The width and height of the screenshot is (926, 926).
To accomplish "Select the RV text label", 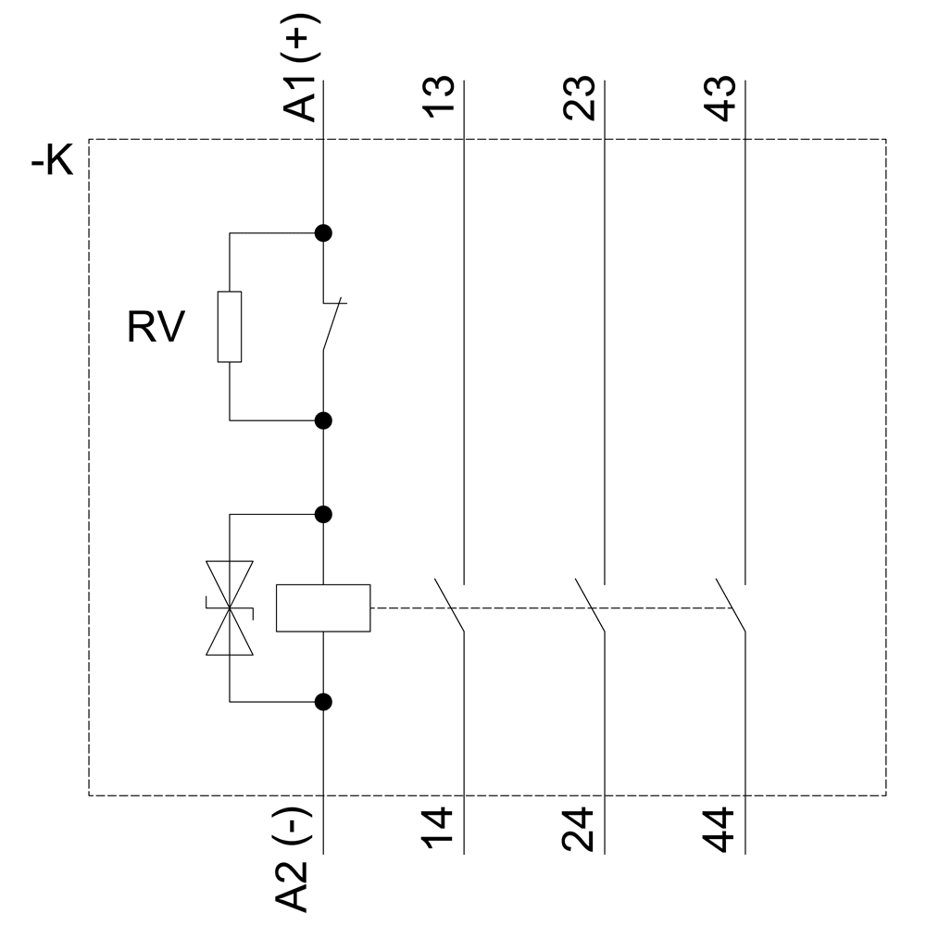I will (156, 328).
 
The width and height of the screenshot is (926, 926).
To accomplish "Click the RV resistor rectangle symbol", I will (229, 327).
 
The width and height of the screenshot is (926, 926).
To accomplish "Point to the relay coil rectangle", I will (323, 608).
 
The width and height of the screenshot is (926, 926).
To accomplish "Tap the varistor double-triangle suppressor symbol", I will (229, 608).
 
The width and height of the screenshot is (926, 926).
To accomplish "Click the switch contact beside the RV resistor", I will (332, 325).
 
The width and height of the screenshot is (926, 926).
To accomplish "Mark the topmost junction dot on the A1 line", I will (323, 233).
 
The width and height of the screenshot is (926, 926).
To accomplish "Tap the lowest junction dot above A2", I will (323, 702).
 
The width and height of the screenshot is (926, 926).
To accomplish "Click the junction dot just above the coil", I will (323, 514).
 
